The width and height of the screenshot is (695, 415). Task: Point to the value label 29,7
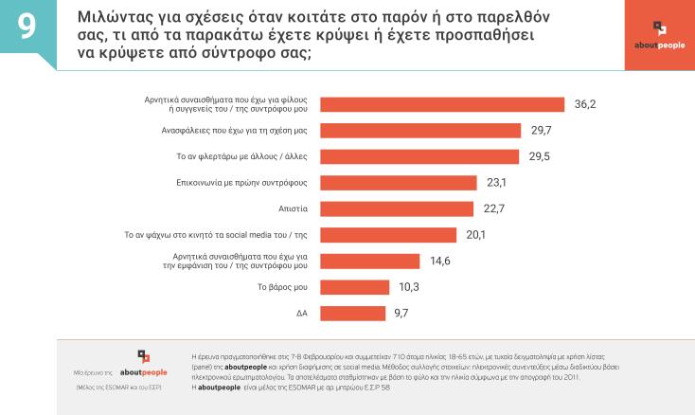(542, 130)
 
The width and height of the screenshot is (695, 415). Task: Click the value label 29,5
(540, 156)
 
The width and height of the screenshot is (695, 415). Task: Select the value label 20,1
(476, 234)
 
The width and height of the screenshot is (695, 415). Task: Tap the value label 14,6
(439, 261)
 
